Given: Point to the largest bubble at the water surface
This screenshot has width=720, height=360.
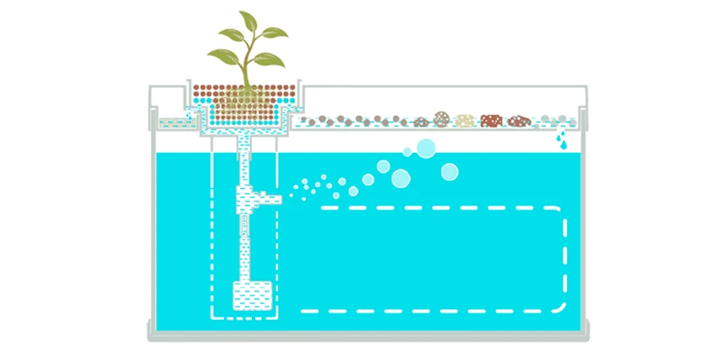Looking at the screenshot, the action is pos(426,148).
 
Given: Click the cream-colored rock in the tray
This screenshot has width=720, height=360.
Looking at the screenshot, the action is pos(466,121).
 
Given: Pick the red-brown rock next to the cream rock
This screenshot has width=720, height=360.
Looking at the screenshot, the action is pos(491,121).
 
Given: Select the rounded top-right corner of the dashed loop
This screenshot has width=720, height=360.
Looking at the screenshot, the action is pos(560,214).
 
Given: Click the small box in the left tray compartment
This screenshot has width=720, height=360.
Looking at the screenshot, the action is pos(174,124).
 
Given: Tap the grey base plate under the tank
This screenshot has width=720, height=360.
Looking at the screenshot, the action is pos(367,335).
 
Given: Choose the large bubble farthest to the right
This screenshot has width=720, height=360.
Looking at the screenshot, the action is pos(449,172).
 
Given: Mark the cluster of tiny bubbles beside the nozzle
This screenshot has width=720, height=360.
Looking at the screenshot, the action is pos(311,186).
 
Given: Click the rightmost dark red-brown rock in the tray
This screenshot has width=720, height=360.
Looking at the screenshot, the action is pos(519,121).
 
